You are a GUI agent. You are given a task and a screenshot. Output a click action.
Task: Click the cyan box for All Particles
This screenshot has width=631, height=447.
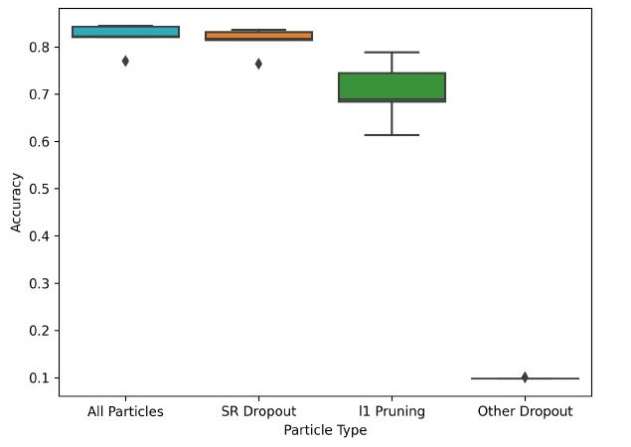tap(126, 32)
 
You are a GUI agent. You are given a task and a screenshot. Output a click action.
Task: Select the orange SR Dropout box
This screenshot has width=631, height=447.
tap(258, 36)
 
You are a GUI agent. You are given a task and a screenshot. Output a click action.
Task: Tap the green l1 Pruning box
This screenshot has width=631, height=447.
tap(392, 86)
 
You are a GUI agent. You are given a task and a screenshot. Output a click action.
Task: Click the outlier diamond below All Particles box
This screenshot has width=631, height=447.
tap(125, 61)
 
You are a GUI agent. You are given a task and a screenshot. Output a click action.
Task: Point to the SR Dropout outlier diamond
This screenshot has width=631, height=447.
tap(258, 64)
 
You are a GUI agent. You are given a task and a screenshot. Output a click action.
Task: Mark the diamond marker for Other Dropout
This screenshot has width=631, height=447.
tap(525, 377)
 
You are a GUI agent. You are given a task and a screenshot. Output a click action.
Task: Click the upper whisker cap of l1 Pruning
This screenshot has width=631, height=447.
tap(392, 52)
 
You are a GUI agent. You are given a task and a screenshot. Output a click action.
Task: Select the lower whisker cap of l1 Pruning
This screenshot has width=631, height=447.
tap(392, 134)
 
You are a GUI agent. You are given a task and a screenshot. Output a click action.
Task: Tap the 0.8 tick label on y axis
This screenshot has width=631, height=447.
tap(41, 47)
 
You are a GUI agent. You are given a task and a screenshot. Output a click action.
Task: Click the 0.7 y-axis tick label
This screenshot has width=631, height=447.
tap(41, 94)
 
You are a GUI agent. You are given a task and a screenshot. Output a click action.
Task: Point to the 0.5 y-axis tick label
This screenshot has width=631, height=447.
tap(41, 189)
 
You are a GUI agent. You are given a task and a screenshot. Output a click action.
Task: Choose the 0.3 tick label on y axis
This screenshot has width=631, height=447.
tap(41, 283)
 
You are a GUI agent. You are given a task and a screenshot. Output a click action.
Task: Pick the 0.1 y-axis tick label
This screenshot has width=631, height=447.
tap(41, 377)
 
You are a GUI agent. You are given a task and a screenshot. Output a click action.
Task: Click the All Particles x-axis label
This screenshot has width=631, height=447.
tap(126, 411)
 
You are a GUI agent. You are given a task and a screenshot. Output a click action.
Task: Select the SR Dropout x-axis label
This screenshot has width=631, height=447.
tap(258, 411)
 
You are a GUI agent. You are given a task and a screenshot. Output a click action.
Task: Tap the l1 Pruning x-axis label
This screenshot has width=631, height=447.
tap(392, 411)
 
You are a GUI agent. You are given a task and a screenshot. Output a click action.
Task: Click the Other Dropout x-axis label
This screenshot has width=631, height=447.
tap(525, 411)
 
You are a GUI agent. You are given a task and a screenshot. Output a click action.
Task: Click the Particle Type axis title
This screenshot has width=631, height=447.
tap(325, 430)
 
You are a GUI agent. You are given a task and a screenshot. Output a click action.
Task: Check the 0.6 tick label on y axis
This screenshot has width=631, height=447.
tap(41, 141)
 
